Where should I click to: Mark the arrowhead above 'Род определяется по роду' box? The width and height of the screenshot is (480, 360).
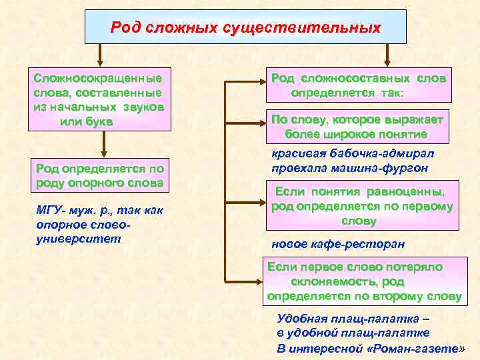coord(103,153)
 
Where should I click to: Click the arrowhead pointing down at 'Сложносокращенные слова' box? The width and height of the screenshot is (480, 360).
coord(100,59)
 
